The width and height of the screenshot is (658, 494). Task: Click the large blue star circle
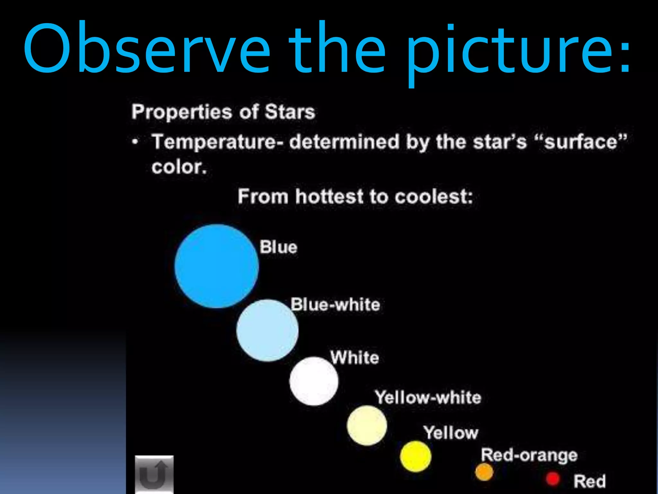217,266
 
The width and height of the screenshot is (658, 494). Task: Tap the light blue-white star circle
267,331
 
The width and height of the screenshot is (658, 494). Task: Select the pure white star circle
314,381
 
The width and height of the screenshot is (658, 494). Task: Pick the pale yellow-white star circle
367,425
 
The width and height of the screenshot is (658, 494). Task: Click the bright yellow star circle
415,456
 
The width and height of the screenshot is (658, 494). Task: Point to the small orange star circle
484,471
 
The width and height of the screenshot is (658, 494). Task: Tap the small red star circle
553,479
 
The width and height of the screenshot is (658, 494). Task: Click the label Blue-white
335,304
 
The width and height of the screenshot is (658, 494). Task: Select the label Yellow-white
428,398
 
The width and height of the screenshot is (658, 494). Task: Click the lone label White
355,358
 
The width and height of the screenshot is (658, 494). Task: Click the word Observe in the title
146,48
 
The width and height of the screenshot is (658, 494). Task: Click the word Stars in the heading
290,112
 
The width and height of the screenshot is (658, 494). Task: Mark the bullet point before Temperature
136,142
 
